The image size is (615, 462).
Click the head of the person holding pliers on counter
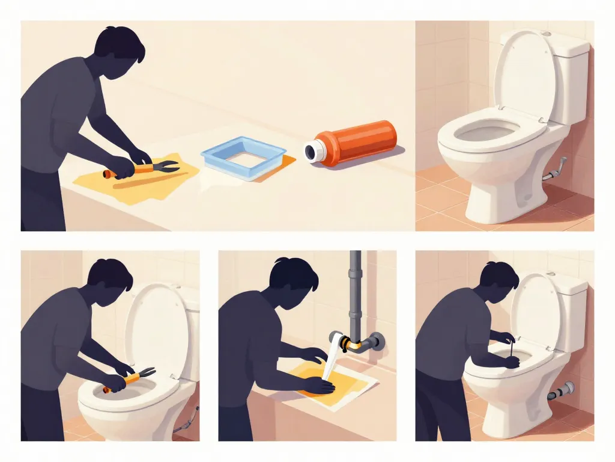pyautogui.click(x=120, y=51)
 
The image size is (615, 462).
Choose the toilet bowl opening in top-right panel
pyautogui.click(x=486, y=131)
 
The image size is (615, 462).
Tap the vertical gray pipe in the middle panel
pyautogui.click(x=355, y=295)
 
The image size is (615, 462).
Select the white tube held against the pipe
pyautogui.click(x=332, y=358)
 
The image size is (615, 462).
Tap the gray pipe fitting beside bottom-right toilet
pyautogui.click(x=562, y=392)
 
